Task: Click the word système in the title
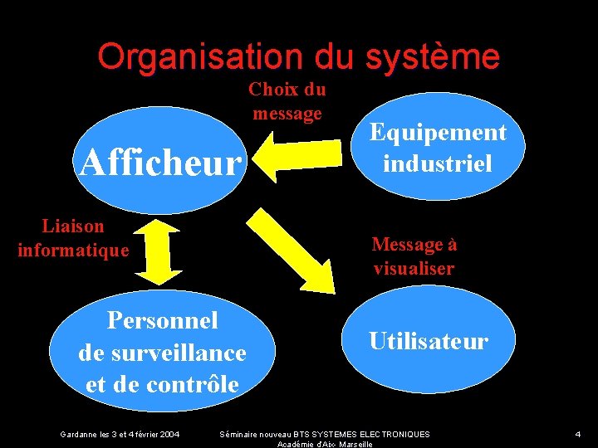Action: (432, 56)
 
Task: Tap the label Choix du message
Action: (287, 101)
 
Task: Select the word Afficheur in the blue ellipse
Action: (159, 163)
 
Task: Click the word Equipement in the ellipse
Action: (438, 132)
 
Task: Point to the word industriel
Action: (438, 162)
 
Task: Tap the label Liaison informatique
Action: (73, 237)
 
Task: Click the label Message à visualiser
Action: (414, 256)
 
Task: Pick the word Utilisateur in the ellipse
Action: (429, 341)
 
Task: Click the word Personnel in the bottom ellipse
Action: (162, 320)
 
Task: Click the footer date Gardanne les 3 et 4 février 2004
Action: (120, 434)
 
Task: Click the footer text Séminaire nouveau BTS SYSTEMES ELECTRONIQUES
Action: (324, 434)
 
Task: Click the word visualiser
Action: (414, 269)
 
